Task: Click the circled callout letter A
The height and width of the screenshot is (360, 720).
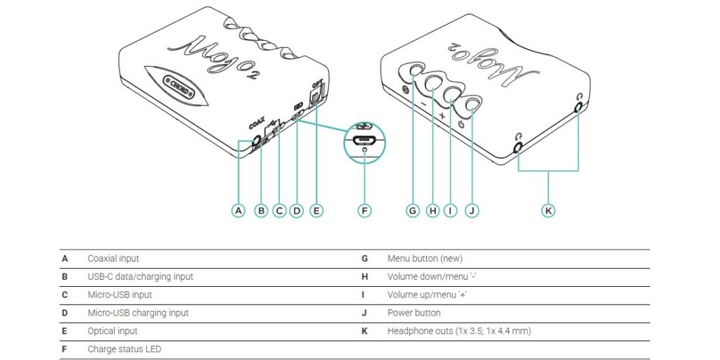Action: point(239,210)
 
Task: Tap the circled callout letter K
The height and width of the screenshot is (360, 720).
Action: point(548,210)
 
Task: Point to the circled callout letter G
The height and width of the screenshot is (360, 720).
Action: point(413,210)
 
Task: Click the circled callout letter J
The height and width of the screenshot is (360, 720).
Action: point(472,210)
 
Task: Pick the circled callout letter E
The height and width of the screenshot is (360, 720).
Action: point(316,210)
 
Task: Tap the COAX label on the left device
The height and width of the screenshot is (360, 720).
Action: point(256,124)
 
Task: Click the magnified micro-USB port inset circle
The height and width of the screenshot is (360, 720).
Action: point(364,140)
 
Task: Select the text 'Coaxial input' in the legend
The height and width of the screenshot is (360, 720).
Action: point(113,259)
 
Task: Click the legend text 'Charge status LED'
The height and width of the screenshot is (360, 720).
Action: point(124,349)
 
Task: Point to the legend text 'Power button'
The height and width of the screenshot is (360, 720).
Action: point(414,313)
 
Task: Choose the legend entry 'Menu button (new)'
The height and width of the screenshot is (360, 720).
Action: point(425,259)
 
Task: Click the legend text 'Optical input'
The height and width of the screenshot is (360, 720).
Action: point(112,331)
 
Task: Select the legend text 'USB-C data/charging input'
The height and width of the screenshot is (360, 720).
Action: point(140,277)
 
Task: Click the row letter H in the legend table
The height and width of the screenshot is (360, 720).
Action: point(365,277)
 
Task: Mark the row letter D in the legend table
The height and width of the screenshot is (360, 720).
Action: point(65,313)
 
